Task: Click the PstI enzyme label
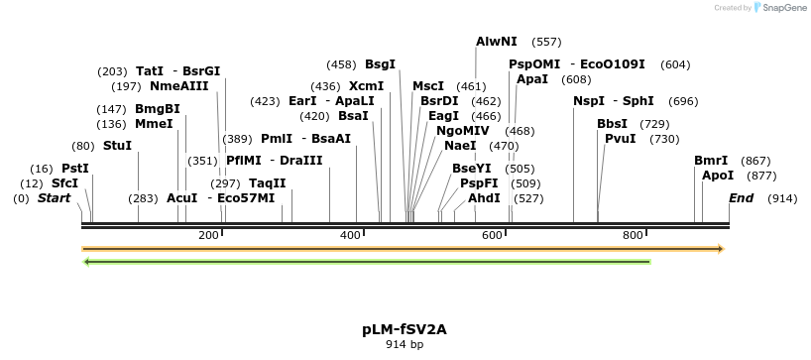tap(75, 169)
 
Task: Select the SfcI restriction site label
tap(64, 183)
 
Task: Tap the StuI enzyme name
tap(117, 146)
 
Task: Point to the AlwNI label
tap(496, 42)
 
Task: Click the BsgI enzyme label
tap(380, 64)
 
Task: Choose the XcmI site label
tap(366, 86)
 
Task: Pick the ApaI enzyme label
tap(532, 79)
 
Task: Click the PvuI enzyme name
tap(620, 139)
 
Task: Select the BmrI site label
tap(711, 161)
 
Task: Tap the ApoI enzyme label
tap(718, 176)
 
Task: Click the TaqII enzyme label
tap(267, 183)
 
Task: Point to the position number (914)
tap(782, 198)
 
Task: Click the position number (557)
tap(546, 42)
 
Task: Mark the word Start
tap(56, 198)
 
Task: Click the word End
tap(742, 198)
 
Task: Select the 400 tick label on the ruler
tap(350, 235)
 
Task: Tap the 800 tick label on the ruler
tap(633, 235)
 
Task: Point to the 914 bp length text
tap(404, 345)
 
